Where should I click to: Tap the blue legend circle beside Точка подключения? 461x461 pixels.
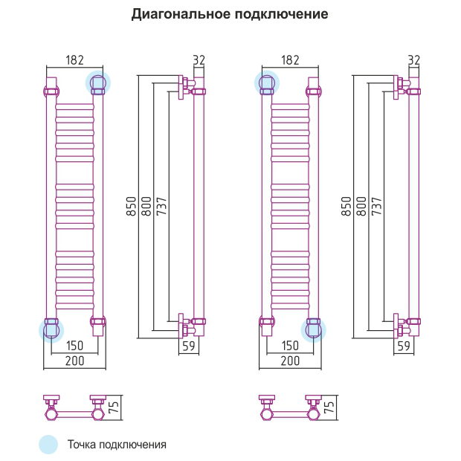(48, 445)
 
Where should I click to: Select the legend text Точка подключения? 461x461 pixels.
(117, 445)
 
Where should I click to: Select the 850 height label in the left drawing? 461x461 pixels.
(131, 206)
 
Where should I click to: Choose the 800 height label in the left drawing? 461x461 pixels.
(146, 206)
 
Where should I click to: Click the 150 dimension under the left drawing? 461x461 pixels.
(74, 346)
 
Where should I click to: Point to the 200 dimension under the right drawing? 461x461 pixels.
(289, 361)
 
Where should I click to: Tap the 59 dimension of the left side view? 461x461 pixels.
(188, 346)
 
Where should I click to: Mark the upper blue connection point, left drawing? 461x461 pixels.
(97, 82)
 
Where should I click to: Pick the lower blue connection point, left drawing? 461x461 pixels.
(51, 329)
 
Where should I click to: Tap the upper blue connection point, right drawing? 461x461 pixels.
(267, 82)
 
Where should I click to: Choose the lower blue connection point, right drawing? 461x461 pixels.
(314, 329)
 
